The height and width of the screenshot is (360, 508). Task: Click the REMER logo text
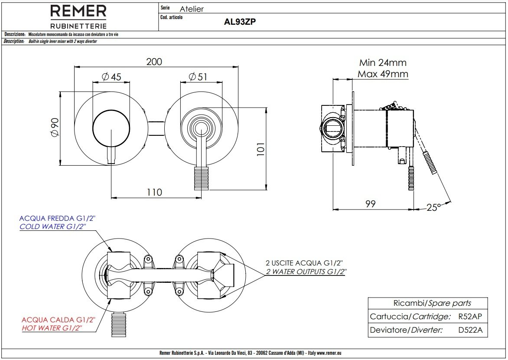(x=78, y=11)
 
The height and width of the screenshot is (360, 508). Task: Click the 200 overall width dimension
(x=154, y=62)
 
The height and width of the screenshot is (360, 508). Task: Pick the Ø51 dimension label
(x=198, y=77)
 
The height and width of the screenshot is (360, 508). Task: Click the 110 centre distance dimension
(x=154, y=192)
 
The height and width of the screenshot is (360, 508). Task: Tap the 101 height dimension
(x=260, y=150)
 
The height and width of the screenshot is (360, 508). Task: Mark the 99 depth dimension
(x=370, y=203)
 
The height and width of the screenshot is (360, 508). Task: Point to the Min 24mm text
(x=383, y=63)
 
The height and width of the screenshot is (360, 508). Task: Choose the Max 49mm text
(x=383, y=74)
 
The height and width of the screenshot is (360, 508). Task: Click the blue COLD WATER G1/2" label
(x=53, y=227)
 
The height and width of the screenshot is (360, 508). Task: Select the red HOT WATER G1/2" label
(x=52, y=328)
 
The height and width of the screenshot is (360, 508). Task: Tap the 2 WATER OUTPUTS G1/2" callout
(x=306, y=272)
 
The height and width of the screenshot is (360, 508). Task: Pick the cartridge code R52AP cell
(x=470, y=317)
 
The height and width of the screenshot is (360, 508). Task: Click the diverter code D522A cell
(x=470, y=330)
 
